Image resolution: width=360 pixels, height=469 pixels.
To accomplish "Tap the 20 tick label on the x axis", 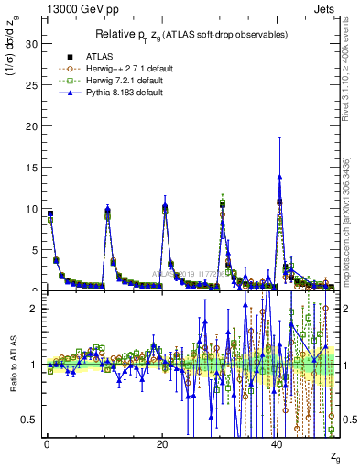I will pyautogui.click(x=161, y=443).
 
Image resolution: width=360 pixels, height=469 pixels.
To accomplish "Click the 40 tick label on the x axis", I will pyautogui.click(x=277, y=443).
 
